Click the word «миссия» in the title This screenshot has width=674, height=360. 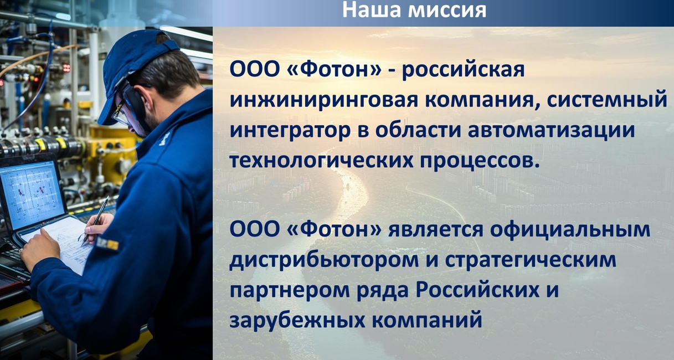[x=447, y=10]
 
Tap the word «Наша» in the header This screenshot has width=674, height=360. [x=371, y=10]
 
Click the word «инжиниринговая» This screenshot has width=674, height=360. [x=324, y=100]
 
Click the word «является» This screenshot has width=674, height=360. [x=436, y=230]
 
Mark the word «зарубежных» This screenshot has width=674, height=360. [x=297, y=320]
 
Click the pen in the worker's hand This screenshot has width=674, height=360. [x=96, y=220]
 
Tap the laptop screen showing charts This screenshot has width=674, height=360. [x=32, y=194]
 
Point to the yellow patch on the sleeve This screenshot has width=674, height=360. [x=108, y=244]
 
